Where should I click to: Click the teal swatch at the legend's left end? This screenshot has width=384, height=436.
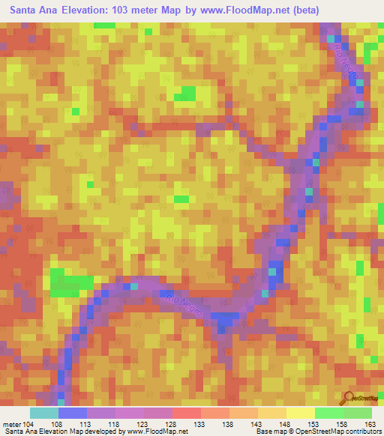point(44,413)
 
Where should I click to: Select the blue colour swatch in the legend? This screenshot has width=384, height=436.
point(73,413)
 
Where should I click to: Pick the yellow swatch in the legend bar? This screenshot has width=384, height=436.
point(300,413)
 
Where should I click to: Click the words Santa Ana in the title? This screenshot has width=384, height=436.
point(33,10)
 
